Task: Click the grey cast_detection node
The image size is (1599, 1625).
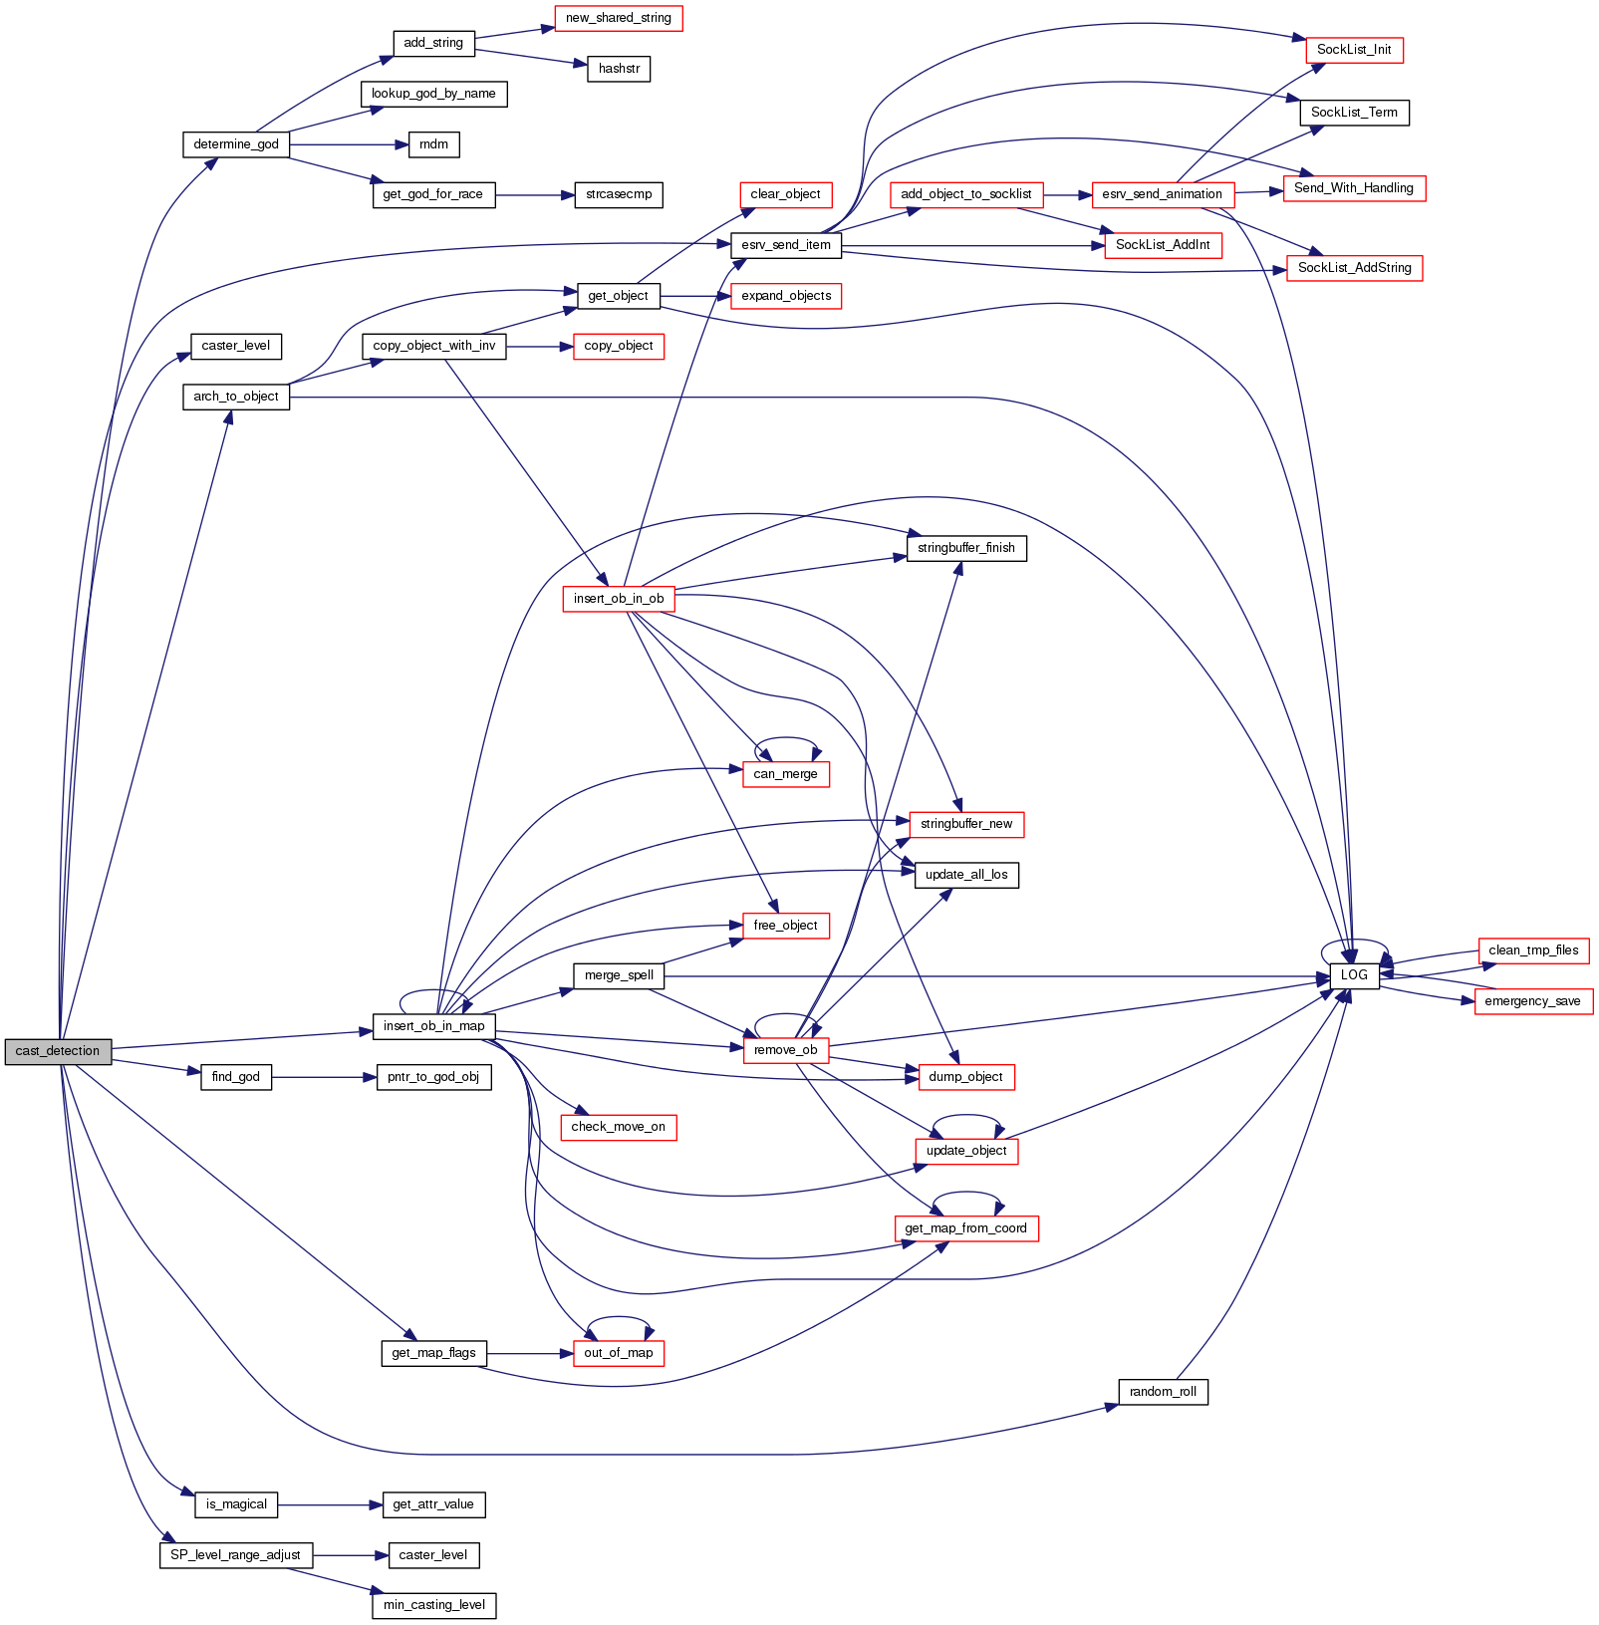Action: pos(58,1051)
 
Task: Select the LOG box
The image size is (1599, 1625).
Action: pos(1354,975)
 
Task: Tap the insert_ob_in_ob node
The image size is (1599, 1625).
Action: pos(619,599)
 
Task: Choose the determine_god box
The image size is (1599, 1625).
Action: pos(236,144)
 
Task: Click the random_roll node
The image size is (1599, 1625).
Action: pos(1163,1392)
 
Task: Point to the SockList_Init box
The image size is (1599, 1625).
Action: pos(1354,50)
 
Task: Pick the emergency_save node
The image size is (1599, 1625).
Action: pos(1532,1001)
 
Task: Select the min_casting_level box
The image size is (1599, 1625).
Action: pos(434,1605)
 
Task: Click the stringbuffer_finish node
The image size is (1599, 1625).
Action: pos(966,548)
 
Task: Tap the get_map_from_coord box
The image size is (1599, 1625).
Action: pos(965,1228)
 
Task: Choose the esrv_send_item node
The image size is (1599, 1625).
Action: pos(786,245)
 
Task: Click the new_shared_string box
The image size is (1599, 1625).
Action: pos(619,18)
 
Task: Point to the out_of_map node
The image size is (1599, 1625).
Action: pos(619,1353)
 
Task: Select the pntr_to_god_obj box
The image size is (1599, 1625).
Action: pos(433,1077)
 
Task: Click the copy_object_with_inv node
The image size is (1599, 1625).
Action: pos(433,346)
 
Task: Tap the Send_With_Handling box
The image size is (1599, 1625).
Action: pos(1354,188)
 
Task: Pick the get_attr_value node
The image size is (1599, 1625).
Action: pos(433,1504)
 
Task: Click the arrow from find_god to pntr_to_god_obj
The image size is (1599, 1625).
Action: pos(324,1077)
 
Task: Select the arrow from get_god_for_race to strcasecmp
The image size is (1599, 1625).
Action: pos(535,195)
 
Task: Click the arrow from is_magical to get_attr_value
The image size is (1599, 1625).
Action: pos(330,1504)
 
